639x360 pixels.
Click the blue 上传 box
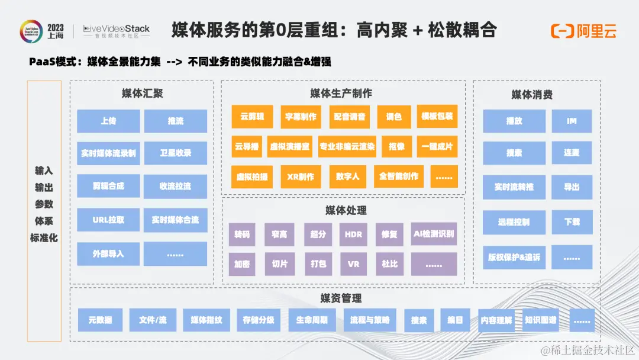[108, 121]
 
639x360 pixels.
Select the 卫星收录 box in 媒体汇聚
[175, 153]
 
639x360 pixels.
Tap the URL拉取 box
[108, 220]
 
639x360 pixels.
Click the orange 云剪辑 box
[248, 117]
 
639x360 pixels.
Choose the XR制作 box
[300, 176]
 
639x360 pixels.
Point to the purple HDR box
[353, 234]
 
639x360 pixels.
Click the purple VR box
[353, 264]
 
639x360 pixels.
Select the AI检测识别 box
[434, 234]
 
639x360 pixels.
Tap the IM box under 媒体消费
[572, 121]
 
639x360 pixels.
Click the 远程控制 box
[514, 222]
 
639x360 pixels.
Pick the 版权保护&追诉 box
[514, 257]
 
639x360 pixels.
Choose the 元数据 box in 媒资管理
[100, 320]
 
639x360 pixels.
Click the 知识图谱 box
[540, 320]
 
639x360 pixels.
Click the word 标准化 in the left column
[44, 238]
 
